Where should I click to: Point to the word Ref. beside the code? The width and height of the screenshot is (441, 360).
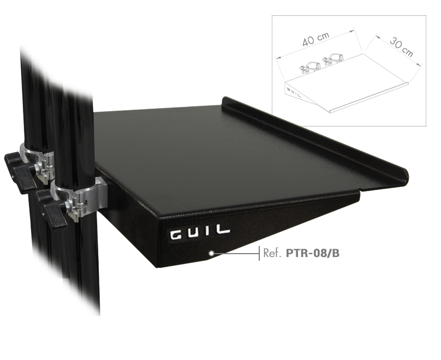pos(273,253)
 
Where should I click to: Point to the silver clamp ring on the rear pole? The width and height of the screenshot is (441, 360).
pos(38,158)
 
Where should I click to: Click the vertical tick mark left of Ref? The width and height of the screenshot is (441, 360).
pos(259,253)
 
